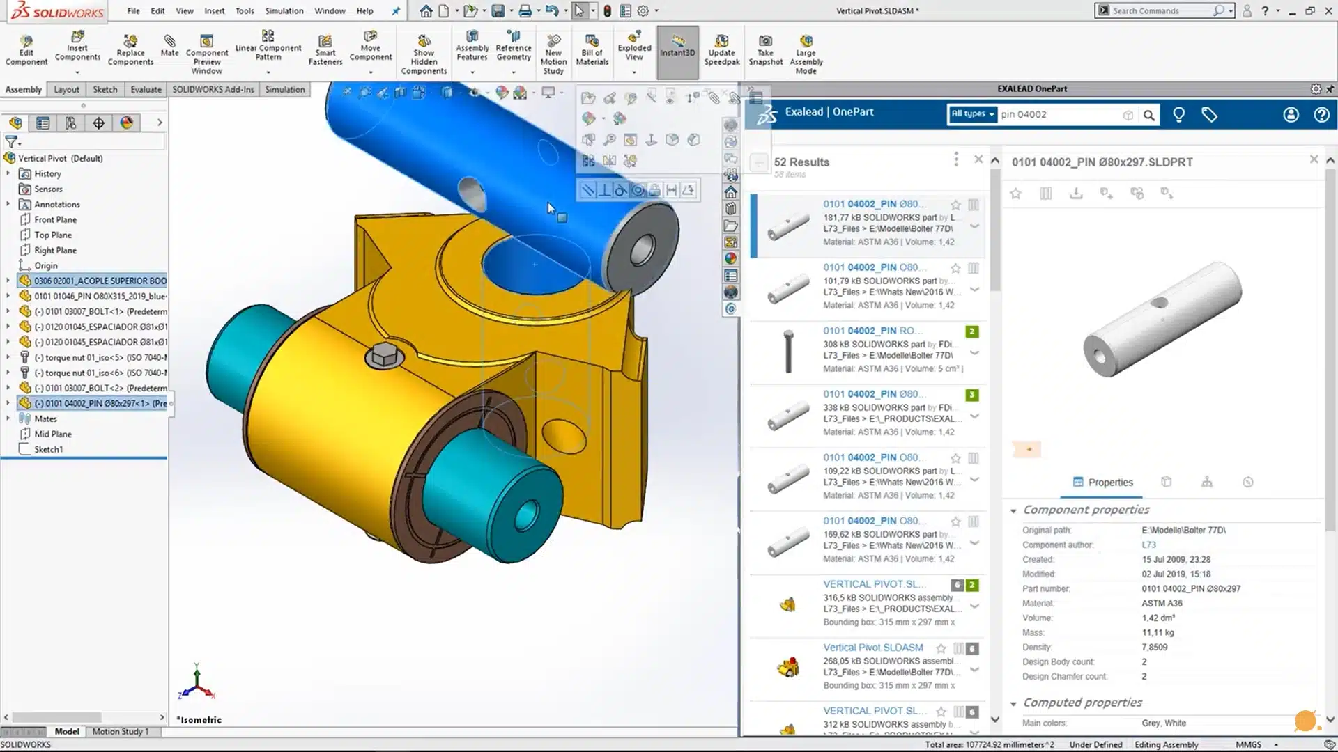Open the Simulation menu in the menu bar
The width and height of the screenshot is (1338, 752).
tap(284, 11)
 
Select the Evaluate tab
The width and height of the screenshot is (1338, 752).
tap(146, 89)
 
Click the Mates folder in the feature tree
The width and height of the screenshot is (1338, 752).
tap(45, 418)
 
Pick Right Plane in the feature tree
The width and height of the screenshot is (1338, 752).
tap(55, 250)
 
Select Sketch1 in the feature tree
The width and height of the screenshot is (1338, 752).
tap(48, 449)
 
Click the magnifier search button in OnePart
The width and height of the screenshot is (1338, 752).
tap(1149, 115)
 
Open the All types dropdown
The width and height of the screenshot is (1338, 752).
tap(972, 114)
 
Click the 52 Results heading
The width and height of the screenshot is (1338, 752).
tap(801, 162)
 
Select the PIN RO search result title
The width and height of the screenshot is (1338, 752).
tap(872, 331)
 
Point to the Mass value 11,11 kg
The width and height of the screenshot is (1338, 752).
tap(1158, 632)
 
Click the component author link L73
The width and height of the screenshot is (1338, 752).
tap(1148, 545)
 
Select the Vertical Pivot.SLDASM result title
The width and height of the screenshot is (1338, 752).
tap(872, 648)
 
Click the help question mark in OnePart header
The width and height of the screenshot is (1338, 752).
tap(1321, 115)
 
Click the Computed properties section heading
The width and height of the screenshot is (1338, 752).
tap(1082, 703)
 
